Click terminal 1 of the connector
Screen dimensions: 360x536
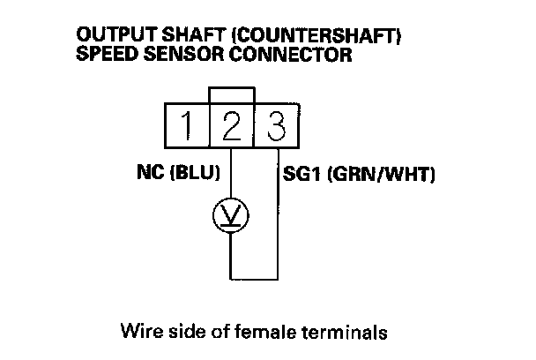[x=187, y=126]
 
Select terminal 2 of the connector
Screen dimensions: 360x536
[x=231, y=126]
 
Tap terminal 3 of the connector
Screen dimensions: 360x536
[x=276, y=126]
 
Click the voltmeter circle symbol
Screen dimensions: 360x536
[x=231, y=214]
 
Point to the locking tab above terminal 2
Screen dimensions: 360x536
[x=231, y=94]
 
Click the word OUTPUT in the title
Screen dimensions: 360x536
[x=110, y=34]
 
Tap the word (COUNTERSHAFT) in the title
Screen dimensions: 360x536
[x=285, y=34]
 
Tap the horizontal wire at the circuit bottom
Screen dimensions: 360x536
[x=255, y=279]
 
